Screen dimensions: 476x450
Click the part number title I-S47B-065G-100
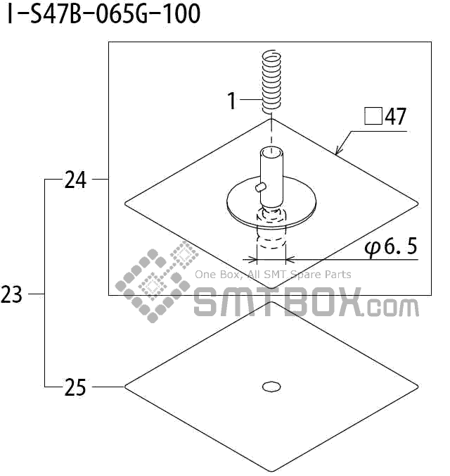[x=103, y=14]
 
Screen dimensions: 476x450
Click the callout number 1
[x=232, y=101]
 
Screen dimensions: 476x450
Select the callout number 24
[x=75, y=180]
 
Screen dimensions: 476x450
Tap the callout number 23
[x=12, y=294]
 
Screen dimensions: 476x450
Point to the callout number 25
[x=75, y=387]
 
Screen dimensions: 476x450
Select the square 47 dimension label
[x=385, y=116]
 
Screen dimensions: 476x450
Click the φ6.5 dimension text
[x=391, y=246]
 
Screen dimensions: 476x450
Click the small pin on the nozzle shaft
[x=259, y=187]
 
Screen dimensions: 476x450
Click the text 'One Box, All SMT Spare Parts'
[x=273, y=275]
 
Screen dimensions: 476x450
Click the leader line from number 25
[x=107, y=387]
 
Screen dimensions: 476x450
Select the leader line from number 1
[x=250, y=101]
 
